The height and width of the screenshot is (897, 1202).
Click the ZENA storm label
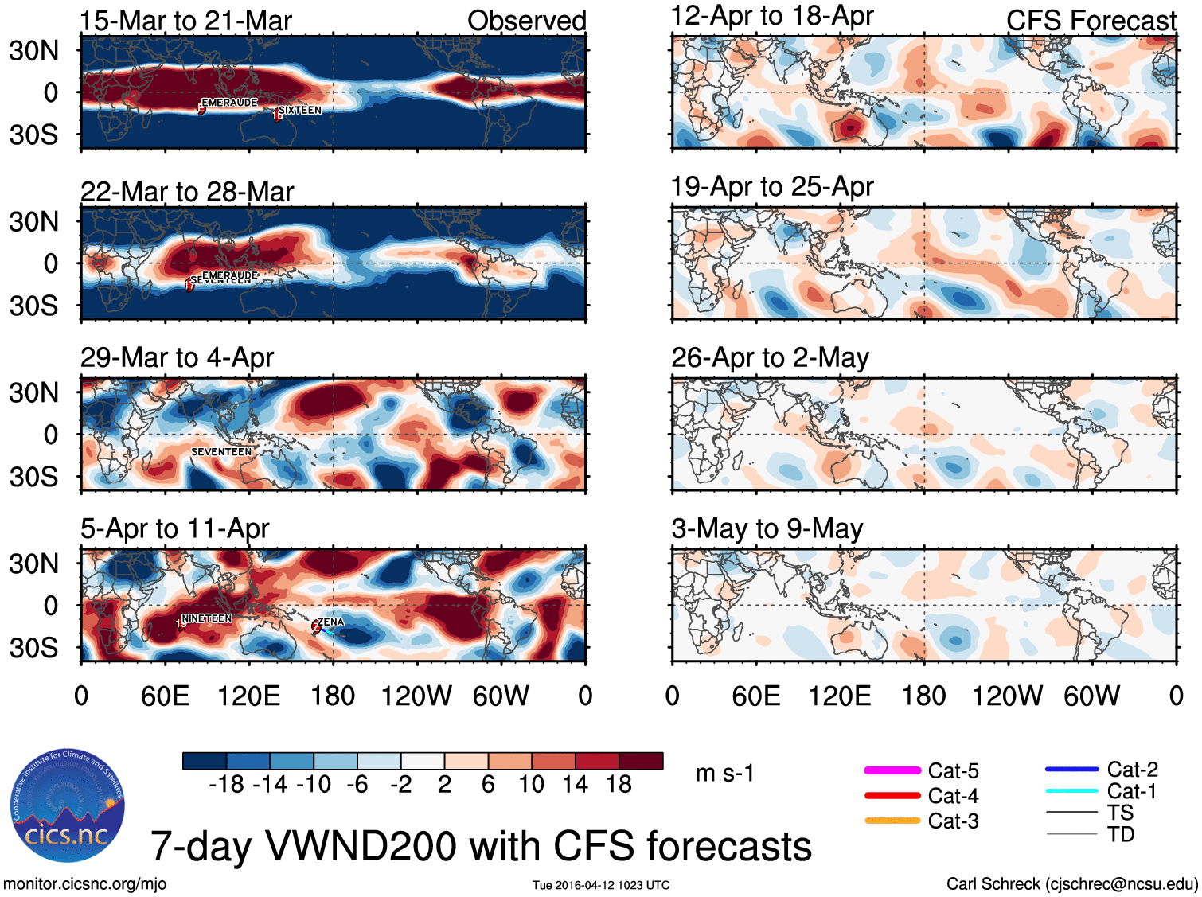point(331,622)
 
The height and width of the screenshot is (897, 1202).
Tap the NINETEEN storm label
point(207,618)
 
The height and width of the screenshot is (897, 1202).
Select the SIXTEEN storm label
point(300,110)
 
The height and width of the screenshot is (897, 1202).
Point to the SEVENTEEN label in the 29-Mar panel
point(221,451)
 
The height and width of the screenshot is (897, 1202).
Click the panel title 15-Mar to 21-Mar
point(186,21)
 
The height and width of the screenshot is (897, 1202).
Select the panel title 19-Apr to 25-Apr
point(772,187)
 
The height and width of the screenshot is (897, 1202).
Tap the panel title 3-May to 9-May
point(767,528)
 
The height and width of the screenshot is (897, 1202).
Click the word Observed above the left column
point(527,21)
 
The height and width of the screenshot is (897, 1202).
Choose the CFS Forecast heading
point(1091,21)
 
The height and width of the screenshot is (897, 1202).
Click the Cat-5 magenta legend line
point(892,770)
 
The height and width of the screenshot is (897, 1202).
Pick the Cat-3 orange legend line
point(892,821)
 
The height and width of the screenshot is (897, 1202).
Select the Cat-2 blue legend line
point(1071,769)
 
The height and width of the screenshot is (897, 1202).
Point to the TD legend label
point(1121,834)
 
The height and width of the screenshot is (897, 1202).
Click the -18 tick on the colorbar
point(226,785)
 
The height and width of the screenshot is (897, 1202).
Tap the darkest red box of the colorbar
point(641,761)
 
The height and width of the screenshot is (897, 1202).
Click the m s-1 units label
point(724,773)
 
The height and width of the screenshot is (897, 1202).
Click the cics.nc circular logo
point(68,805)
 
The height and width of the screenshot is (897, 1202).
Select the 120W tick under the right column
point(1007,696)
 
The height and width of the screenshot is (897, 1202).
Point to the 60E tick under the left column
point(165,696)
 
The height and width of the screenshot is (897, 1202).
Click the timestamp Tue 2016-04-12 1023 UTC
point(601,885)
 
